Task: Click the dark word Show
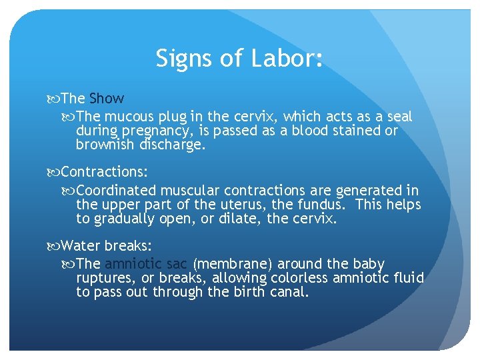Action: point(107,99)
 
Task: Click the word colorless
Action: point(303,277)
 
